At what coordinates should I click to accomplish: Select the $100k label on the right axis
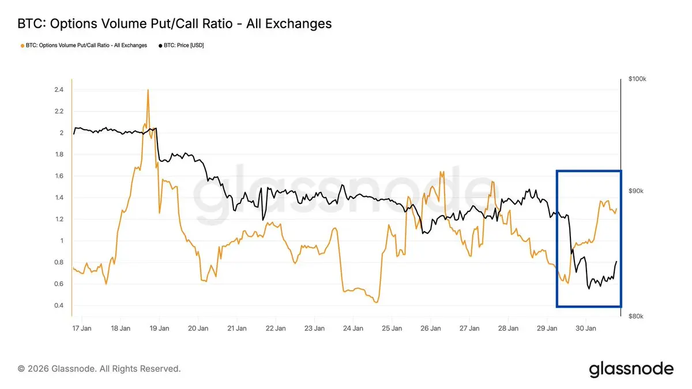(x=638, y=79)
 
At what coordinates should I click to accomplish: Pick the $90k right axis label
(x=637, y=191)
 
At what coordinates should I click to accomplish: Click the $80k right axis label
(x=637, y=316)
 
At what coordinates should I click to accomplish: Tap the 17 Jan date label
(x=82, y=328)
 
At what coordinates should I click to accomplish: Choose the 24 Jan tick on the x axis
(x=353, y=328)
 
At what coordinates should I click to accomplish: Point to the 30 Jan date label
(x=586, y=328)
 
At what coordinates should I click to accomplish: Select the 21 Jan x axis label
(x=237, y=328)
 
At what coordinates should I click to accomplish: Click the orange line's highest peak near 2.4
(x=148, y=90)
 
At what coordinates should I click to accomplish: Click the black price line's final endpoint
(x=616, y=262)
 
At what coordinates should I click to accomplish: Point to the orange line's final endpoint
(x=616, y=209)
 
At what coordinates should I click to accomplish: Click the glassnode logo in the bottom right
(x=631, y=369)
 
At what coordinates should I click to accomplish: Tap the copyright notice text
(x=99, y=368)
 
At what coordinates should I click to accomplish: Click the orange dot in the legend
(x=22, y=45)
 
